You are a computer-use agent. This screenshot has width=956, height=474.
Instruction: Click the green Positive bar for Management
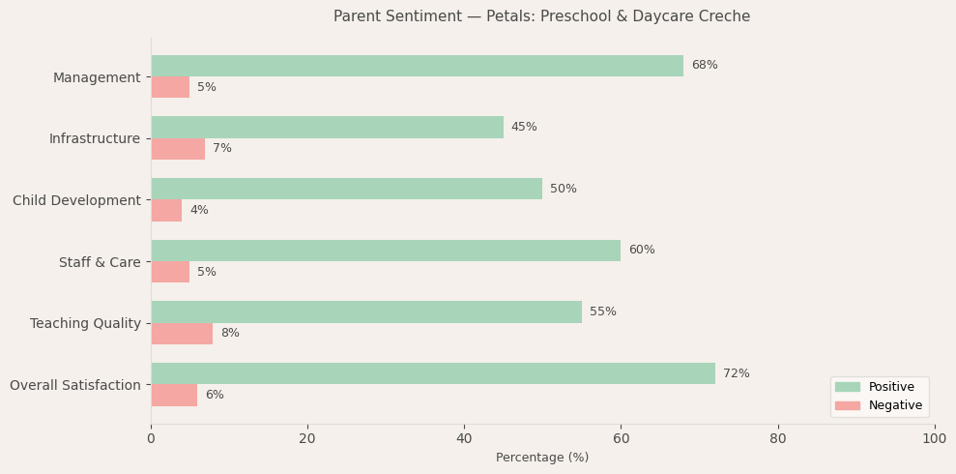coord(417,66)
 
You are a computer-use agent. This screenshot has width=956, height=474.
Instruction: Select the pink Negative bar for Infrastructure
coord(178,149)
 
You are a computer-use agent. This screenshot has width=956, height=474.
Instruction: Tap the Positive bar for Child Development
coord(346,189)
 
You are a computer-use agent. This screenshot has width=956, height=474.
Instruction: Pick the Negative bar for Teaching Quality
coord(182,334)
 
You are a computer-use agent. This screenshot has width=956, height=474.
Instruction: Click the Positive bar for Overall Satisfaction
coord(432,373)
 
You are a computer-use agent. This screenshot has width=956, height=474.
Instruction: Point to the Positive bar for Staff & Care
coord(386,251)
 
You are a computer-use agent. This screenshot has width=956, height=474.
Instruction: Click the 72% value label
coord(736,373)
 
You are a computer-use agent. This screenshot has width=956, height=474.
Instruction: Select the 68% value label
coord(704,66)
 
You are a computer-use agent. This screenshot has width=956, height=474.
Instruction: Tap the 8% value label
coord(230,334)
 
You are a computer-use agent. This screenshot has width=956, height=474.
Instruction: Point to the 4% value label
coord(199,211)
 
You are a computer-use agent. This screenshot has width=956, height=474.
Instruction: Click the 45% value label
coord(524,128)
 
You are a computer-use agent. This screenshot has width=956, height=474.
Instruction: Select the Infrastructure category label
coord(95,139)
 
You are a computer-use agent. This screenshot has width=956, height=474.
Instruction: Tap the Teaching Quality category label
coord(85,324)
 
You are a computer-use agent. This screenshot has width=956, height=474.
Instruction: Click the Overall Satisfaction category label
coord(75,386)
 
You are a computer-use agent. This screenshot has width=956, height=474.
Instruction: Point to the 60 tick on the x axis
coord(621,439)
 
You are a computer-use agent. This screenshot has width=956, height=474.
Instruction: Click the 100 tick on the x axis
coord(934,439)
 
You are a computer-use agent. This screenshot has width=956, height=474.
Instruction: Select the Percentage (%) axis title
coord(542,458)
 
